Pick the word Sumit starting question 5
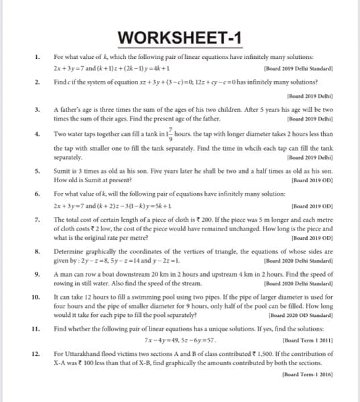pyautogui.click(x=64, y=172)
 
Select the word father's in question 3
pyautogui.click(x=72, y=109)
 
